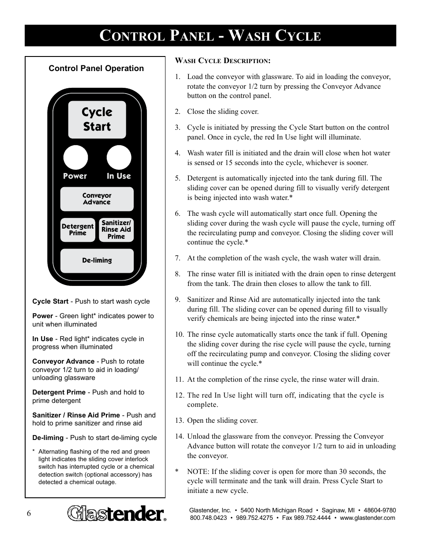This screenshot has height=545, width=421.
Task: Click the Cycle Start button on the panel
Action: (x=97, y=120)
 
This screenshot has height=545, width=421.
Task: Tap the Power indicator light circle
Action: (x=75, y=158)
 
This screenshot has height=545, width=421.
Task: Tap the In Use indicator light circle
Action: (x=119, y=158)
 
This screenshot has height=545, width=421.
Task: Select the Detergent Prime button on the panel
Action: (x=78, y=230)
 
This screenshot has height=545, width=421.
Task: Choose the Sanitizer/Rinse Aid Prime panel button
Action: (x=116, y=230)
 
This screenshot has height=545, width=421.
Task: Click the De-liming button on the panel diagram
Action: (x=97, y=260)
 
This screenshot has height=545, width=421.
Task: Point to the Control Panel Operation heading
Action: (x=96, y=68)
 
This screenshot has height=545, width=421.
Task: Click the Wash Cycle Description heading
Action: (x=223, y=60)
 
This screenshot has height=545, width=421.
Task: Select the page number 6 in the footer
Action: (x=29, y=513)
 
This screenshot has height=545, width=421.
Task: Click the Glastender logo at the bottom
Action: (x=117, y=514)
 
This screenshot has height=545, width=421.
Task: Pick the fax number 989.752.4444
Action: (x=312, y=518)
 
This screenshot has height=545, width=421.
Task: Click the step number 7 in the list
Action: (x=177, y=258)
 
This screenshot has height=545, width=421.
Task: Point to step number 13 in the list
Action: (x=179, y=421)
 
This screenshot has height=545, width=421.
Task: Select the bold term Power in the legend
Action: (x=42, y=316)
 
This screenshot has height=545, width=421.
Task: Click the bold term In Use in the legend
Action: (x=42, y=339)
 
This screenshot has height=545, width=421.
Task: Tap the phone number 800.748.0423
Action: (x=208, y=518)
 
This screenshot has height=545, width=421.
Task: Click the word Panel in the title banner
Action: (x=192, y=36)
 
